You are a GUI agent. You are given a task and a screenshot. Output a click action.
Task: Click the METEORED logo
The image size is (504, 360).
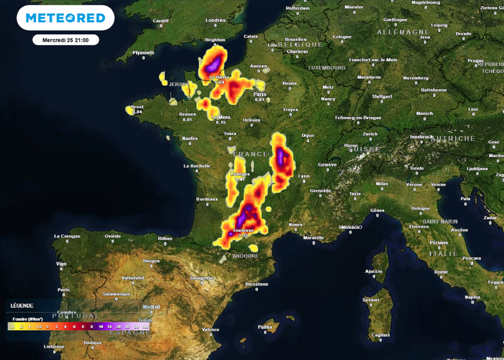click(65, 18)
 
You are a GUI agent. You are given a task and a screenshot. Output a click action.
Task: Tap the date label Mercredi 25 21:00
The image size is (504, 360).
click(66, 40)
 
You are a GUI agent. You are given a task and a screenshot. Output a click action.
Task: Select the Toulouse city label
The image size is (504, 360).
click(243, 230)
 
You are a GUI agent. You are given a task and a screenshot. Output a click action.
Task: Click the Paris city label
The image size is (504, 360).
click(260, 94)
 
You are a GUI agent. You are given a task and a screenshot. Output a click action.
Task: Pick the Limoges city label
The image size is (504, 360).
click(240, 174)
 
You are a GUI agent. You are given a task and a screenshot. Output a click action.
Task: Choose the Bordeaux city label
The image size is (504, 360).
click(207, 199)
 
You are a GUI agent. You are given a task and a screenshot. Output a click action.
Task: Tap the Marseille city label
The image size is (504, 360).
click(314, 237)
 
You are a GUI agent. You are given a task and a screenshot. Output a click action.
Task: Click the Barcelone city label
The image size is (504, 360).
click(257, 284)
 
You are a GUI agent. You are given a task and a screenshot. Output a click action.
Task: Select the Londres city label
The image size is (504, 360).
click(215, 20)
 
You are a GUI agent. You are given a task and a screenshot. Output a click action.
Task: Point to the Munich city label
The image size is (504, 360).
click(424, 113)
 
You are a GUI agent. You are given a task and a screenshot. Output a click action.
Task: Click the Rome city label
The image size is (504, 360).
click(441, 271)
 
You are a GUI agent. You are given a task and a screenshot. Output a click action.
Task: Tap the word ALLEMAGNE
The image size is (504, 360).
click(404, 32)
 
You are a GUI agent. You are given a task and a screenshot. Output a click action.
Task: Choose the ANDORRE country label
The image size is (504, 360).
click(245, 256)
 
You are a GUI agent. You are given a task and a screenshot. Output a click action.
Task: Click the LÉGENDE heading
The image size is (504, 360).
click(22, 305)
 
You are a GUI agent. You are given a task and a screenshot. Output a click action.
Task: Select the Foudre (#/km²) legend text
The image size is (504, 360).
click(31, 319)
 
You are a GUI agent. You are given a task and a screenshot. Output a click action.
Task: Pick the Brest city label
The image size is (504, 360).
click(137, 107)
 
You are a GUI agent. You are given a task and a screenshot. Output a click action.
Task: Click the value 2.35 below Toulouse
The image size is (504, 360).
click(243, 235)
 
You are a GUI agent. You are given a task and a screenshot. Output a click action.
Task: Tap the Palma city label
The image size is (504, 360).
click(265, 327)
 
